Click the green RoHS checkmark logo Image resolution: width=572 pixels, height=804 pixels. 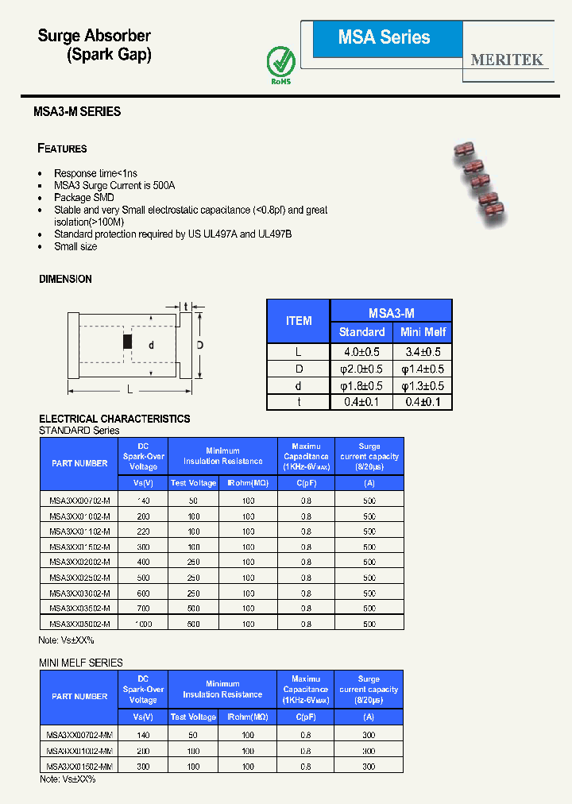(280, 60)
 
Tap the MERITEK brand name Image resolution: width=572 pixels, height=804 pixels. (507, 60)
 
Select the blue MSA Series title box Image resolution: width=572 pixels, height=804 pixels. (385, 38)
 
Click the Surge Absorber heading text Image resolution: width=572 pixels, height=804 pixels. (95, 36)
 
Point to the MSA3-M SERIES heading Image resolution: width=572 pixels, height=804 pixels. (77, 112)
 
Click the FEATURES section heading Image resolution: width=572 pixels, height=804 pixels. (63, 149)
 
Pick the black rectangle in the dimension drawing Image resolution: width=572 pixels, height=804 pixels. (126, 342)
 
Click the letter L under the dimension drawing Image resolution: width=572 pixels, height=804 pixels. (129, 390)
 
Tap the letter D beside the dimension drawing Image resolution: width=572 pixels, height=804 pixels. (200, 345)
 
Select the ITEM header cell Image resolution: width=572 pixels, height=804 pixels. (299, 321)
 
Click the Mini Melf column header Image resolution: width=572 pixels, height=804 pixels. (423, 332)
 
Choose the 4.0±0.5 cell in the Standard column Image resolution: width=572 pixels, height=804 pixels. (361, 352)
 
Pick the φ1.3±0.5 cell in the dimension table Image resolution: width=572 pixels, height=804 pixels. (423, 386)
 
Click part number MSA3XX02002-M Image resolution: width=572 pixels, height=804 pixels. (79, 562)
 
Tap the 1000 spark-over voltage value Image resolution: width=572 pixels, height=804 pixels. (143, 624)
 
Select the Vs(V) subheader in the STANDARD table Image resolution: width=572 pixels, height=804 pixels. (143, 484)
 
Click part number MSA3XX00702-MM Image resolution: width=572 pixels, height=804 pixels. (79, 736)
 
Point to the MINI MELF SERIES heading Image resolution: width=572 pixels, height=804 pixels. (81, 663)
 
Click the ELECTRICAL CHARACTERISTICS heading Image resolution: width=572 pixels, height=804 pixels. (114, 419)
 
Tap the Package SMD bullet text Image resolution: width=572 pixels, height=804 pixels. (84, 198)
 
